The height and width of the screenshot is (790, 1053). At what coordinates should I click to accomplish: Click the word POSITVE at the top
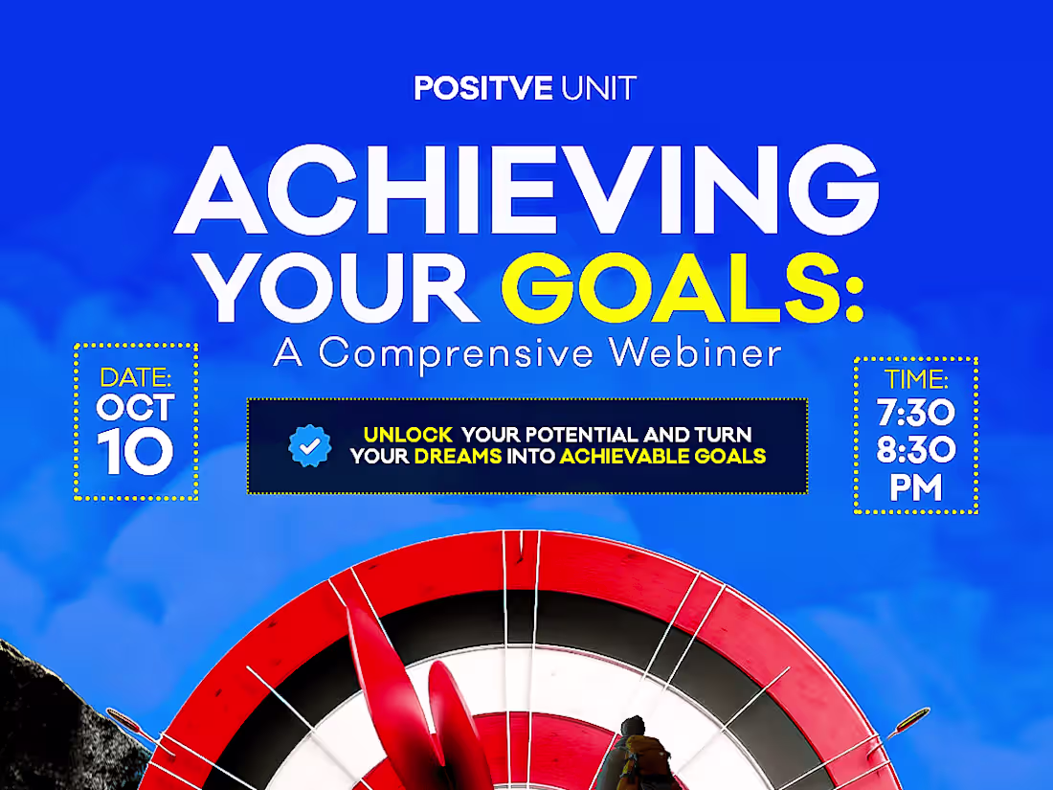tap(483, 89)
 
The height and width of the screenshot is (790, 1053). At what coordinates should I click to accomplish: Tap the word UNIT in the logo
tap(598, 89)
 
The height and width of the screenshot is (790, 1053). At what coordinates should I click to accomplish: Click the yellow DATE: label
tap(135, 376)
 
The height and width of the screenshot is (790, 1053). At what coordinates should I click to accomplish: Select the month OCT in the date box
tap(135, 409)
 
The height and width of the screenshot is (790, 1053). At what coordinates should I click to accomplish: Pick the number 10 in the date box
tap(135, 454)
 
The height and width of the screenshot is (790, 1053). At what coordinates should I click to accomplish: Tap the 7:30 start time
tap(915, 414)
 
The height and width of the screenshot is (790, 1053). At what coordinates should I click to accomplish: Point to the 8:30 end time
tap(915, 451)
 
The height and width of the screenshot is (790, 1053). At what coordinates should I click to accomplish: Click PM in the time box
tap(915, 488)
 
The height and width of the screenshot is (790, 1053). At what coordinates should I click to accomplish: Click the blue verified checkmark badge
tap(310, 445)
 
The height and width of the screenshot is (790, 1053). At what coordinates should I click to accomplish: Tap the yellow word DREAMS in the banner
tap(458, 457)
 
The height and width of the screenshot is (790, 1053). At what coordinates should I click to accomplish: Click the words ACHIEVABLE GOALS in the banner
tap(662, 457)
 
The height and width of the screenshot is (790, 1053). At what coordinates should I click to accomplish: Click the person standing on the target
tap(633, 752)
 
